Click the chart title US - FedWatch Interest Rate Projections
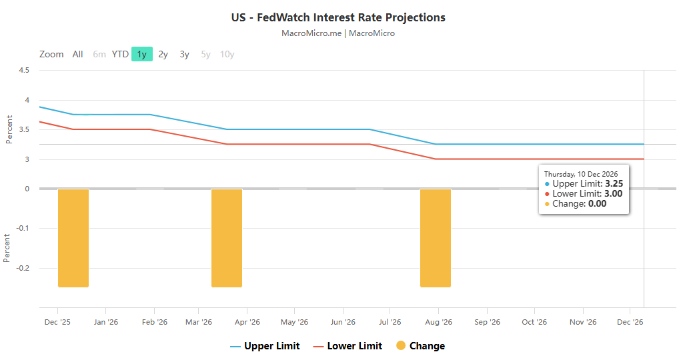pos(338,17)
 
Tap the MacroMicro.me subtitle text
pos(338,33)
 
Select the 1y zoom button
pos(142,55)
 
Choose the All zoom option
pos(78,55)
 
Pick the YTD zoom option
pos(120,55)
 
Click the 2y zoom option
pos(163,55)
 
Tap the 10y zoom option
pos(227,55)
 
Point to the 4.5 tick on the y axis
pos(24,71)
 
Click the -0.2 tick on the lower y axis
pos(22,268)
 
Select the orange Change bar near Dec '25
pos(73,238)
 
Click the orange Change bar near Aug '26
pos(436,238)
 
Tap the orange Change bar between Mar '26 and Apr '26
pos(227,238)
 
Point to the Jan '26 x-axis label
pos(105,323)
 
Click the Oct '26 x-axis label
pos(534,323)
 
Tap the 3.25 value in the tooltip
pos(614,183)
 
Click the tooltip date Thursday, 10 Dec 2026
pos(581,174)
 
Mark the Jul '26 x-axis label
pos(390,323)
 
